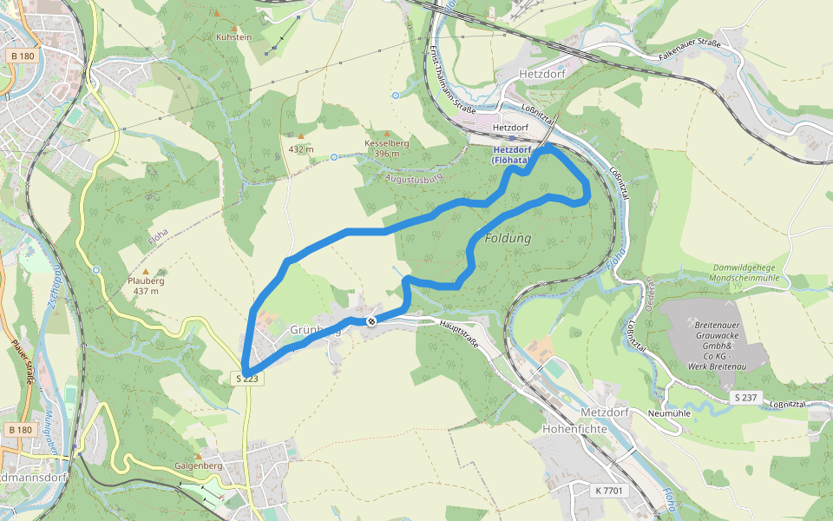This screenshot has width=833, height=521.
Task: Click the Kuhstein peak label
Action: coord(233,37)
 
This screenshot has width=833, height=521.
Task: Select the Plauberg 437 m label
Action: coord(146,286)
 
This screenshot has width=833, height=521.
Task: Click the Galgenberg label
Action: coord(199,465)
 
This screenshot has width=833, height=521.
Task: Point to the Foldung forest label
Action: coord(508,238)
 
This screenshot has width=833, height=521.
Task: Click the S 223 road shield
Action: coord(247,379)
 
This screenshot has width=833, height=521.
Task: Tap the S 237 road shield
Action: coord(745,397)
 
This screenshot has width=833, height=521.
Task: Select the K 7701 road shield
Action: coord(608,491)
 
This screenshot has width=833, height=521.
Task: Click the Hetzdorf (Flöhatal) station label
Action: coord(511,155)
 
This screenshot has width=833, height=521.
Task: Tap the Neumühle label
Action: coord(669,412)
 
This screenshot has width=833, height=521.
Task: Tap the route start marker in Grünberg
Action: coord(371,321)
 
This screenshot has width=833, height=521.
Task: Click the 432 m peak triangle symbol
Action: coord(301,136)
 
